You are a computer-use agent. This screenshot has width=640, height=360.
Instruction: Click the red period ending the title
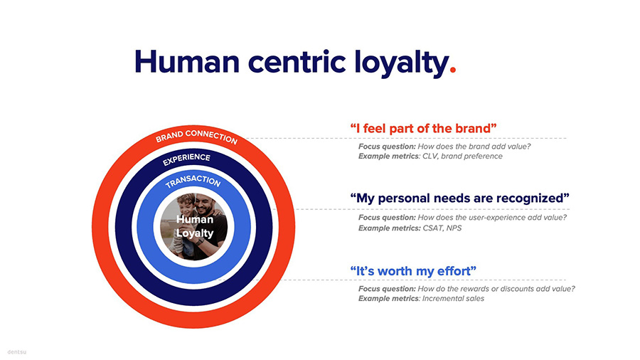click(453, 72)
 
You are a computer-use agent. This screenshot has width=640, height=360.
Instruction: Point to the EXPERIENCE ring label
click(186, 159)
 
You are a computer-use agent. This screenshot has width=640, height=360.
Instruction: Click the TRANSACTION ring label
click(193, 181)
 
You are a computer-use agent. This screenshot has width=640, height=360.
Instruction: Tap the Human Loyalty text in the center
click(194, 227)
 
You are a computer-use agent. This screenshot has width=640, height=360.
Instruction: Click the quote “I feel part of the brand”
click(423, 128)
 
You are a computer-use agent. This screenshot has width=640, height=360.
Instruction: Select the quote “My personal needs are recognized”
click(460, 197)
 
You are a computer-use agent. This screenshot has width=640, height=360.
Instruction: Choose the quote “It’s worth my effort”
click(413, 271)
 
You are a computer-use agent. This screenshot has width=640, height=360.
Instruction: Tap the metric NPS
click(454, 228)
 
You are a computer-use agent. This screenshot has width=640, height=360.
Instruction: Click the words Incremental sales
click(453, 299)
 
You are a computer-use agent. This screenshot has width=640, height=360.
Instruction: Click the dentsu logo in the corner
click(16, 351)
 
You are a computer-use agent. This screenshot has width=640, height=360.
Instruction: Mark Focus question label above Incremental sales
click(387, 289)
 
